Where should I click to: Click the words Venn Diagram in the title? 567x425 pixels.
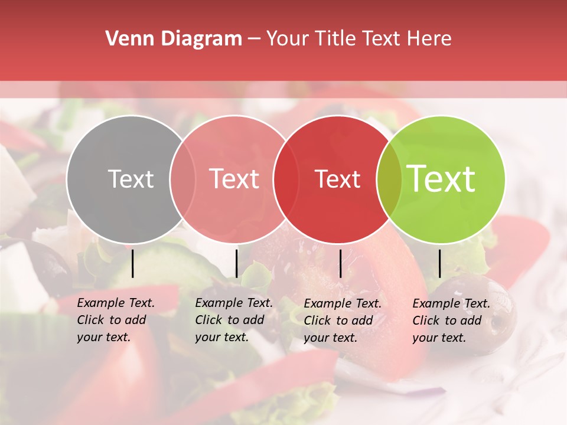tap(174, 39)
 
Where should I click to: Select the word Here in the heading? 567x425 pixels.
tap(429, 39)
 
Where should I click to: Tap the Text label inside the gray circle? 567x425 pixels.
tap(131, 179)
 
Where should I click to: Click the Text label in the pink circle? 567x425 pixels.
tap(234, 179)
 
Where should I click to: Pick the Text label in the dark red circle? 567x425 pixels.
tap(337, 179)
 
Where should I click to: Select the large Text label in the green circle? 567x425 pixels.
tap(441, 179)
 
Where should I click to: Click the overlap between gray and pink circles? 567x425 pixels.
tap(183, 179)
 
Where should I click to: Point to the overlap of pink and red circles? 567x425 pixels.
tap(285, 179)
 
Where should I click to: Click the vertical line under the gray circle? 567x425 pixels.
tap(132, 263)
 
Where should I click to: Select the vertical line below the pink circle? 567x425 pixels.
tap(236, 263)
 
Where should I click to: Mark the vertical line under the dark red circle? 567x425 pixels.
tap(340, 263)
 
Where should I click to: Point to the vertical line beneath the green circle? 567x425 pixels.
tap(439, 263)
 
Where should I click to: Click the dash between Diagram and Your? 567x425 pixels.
tap(254, 39)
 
